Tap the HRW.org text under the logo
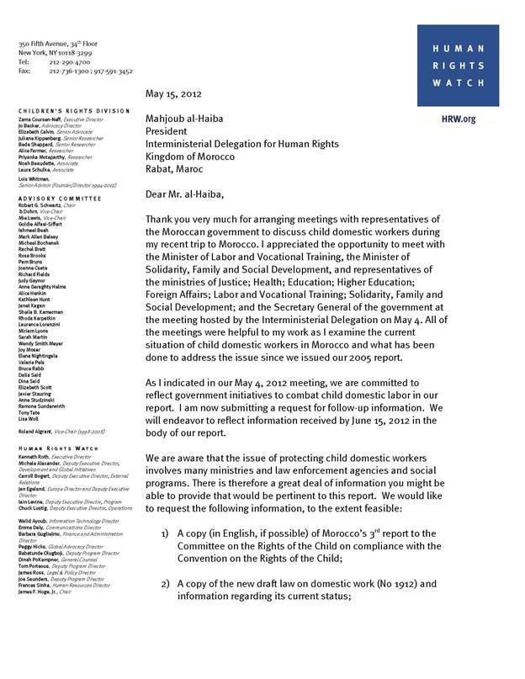click(x=459, y=119)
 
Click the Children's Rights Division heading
click(x=75, y=111)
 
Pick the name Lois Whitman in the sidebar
click(x=34, y=179)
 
